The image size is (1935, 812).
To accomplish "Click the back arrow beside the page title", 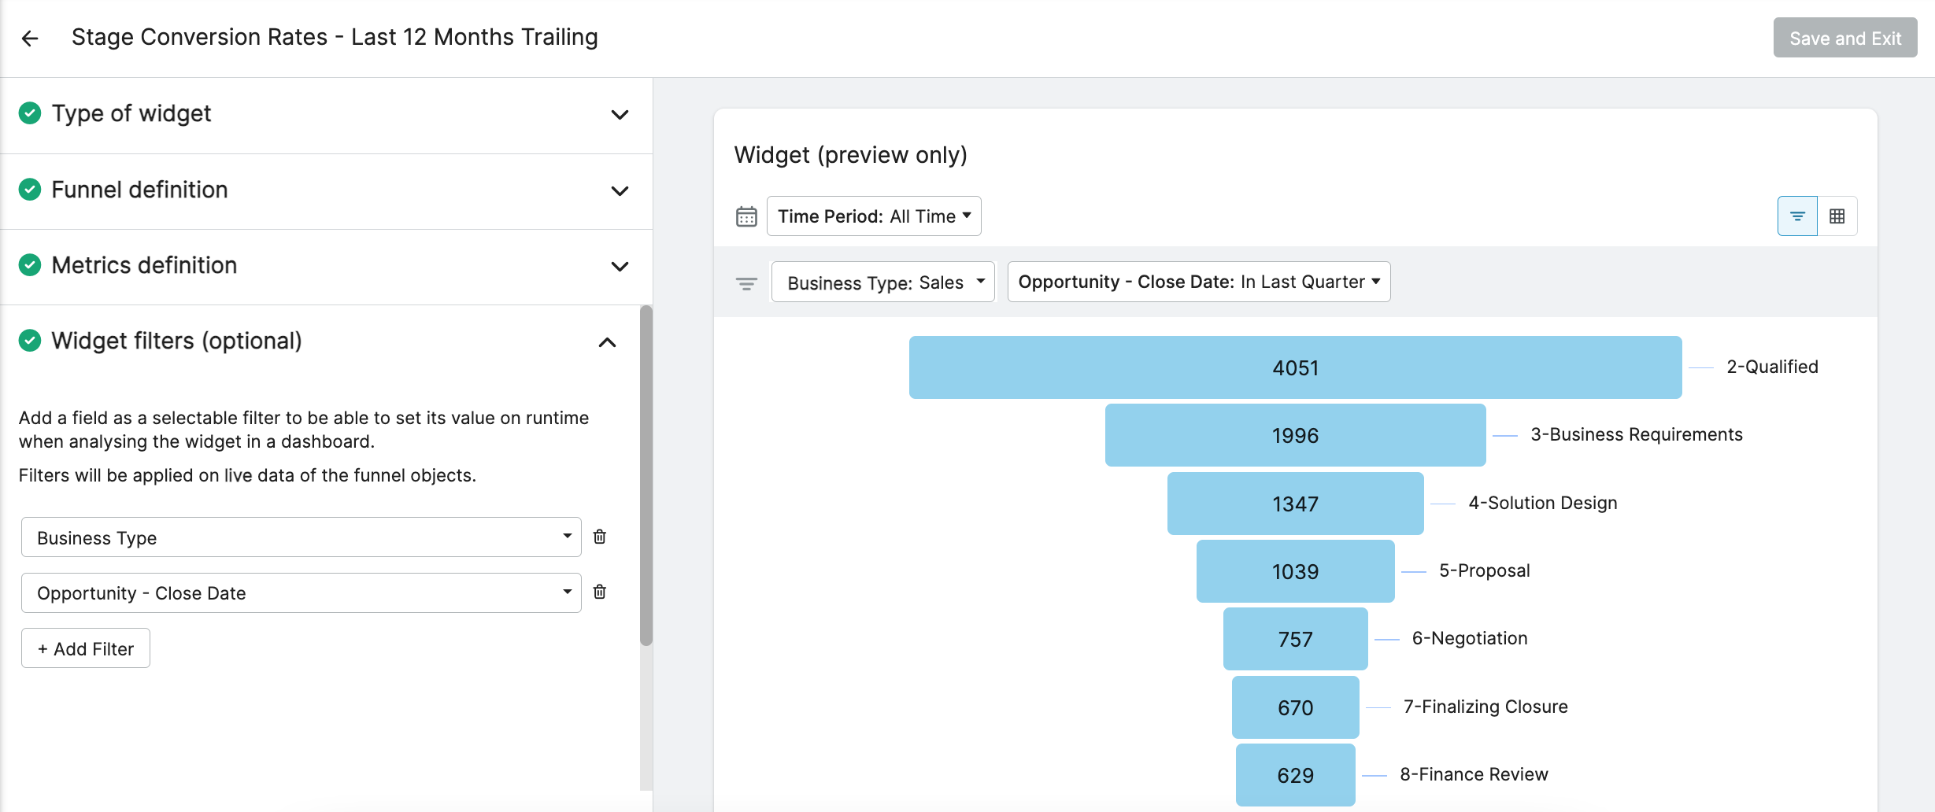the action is click(x=30, y=38).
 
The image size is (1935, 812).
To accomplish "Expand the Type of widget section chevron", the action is click(x=620, y=115).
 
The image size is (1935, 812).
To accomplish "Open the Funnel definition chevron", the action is click(x=620, y=191).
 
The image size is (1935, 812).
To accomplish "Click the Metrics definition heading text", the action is click(x=144, y=265).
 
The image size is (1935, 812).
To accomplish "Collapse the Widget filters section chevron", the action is click(x=607, y=342).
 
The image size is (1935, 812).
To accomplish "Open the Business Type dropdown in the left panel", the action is click(x=301, y=537).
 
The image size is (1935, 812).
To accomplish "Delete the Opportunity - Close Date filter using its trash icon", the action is click(x=600, y=592).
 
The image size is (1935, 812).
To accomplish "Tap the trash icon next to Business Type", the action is click(x=600, y=537).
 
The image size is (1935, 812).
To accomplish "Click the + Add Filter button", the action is click(x=86, y=648).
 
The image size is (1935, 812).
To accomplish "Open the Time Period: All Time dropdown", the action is click(x=874, y=216).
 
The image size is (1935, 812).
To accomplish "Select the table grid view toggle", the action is click(x=1837, y=216).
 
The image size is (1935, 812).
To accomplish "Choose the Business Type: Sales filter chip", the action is click(x=883, y=282).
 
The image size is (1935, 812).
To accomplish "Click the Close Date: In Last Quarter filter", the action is click(x=1199, y=282).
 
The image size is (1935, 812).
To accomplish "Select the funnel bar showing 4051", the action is click(x=1296, y=367).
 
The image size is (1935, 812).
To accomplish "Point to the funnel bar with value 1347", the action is click(x=1296, y=504).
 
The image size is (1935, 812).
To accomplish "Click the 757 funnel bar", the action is click(x=1296, y=639).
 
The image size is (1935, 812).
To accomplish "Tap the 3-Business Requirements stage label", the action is click(x=1637, y=434).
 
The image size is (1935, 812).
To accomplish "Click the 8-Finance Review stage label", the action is click(x=1474, y=774).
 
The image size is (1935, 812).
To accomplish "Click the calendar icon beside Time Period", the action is click(x=746, y=216).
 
